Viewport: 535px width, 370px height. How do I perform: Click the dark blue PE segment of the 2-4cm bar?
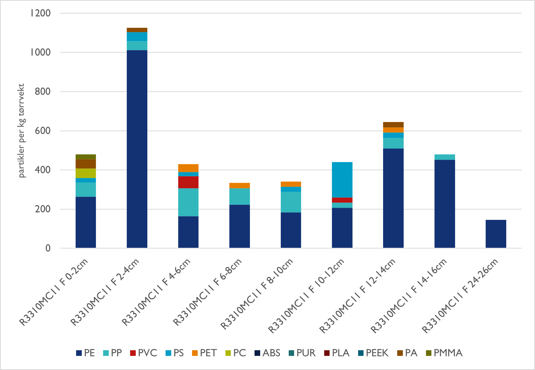tap(137, 149)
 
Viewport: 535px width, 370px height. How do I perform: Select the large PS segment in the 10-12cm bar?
tap(342, 180)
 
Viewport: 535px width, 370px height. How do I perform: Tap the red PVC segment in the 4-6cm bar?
tap(188, 182)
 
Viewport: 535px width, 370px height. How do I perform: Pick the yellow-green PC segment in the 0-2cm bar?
tap(86, 173)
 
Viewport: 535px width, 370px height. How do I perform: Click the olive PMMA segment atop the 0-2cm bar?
tap(86, 157)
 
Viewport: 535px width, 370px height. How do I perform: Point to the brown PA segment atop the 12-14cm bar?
tap(393, 125)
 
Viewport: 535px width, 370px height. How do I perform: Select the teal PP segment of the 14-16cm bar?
tap(445, 157)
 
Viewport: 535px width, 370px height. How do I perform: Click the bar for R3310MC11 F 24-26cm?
tap(496, 234)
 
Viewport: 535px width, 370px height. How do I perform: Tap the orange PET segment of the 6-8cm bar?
tap(239, 185)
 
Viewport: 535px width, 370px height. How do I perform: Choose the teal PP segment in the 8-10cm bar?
tap(291, 202)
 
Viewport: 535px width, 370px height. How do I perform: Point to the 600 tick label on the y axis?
tap(43, 131)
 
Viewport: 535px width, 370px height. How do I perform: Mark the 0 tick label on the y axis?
tap(48, 248)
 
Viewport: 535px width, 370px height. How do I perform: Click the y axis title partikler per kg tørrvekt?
tap(21, 130)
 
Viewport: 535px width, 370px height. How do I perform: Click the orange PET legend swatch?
tap(195, 353)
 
